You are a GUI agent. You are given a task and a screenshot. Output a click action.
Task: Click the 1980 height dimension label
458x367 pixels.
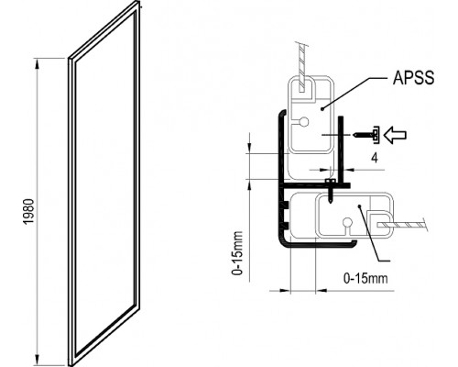(29, 211)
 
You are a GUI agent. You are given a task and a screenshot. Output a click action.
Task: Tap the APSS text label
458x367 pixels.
(413, 77)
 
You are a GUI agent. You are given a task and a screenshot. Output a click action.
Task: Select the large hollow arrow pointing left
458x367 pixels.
(395, 135)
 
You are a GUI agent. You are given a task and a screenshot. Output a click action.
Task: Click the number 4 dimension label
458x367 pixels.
(375, 158)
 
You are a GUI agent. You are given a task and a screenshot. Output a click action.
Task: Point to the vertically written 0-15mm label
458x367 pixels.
(237, 253)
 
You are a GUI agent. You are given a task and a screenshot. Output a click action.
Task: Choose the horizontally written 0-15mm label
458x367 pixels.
(365, 278)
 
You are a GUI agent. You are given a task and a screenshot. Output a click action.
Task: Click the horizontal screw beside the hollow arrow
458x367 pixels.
(365, 135)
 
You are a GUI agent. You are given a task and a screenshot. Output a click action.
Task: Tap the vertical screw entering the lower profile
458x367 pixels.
(330, 190)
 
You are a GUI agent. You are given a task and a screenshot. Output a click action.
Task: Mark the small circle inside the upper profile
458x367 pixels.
(304, 122)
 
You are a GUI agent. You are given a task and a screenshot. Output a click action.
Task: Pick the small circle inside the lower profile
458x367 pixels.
(347, 222)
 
